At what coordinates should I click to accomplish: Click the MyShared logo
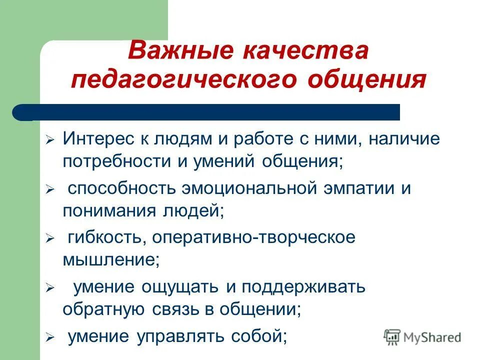click(423, 336)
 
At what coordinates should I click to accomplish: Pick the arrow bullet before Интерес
click(49, 140)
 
